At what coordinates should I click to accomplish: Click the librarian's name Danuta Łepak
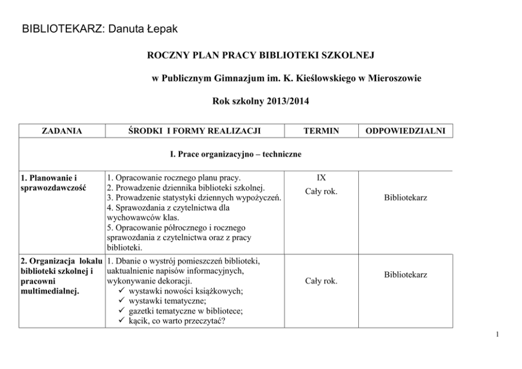[x=143, y=29]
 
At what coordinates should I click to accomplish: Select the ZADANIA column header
[x=62, y=131]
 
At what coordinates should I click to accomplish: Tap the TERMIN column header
[x=321, y=131]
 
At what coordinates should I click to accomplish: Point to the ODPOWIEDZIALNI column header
[x=405, y=131]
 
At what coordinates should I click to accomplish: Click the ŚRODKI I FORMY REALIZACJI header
[x=195, y=131]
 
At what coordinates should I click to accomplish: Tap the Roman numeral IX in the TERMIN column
[x=321, y=177]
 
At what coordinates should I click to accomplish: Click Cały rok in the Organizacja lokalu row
[x=321, y=281]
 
